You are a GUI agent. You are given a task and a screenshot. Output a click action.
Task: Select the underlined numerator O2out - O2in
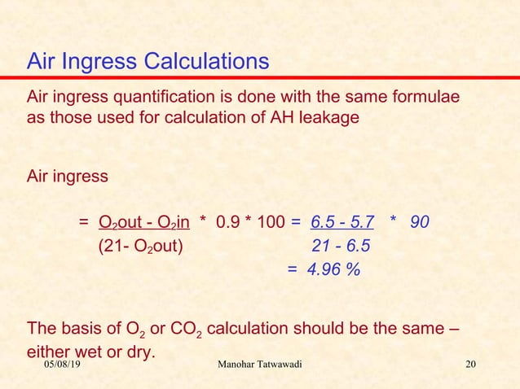tap(144, 222)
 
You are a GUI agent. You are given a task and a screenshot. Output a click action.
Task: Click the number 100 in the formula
tap(270, 222)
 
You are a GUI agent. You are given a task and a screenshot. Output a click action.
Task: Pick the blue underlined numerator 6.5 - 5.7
tap(342, 222)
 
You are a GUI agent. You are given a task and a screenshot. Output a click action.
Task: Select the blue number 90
tap(421, 222)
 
